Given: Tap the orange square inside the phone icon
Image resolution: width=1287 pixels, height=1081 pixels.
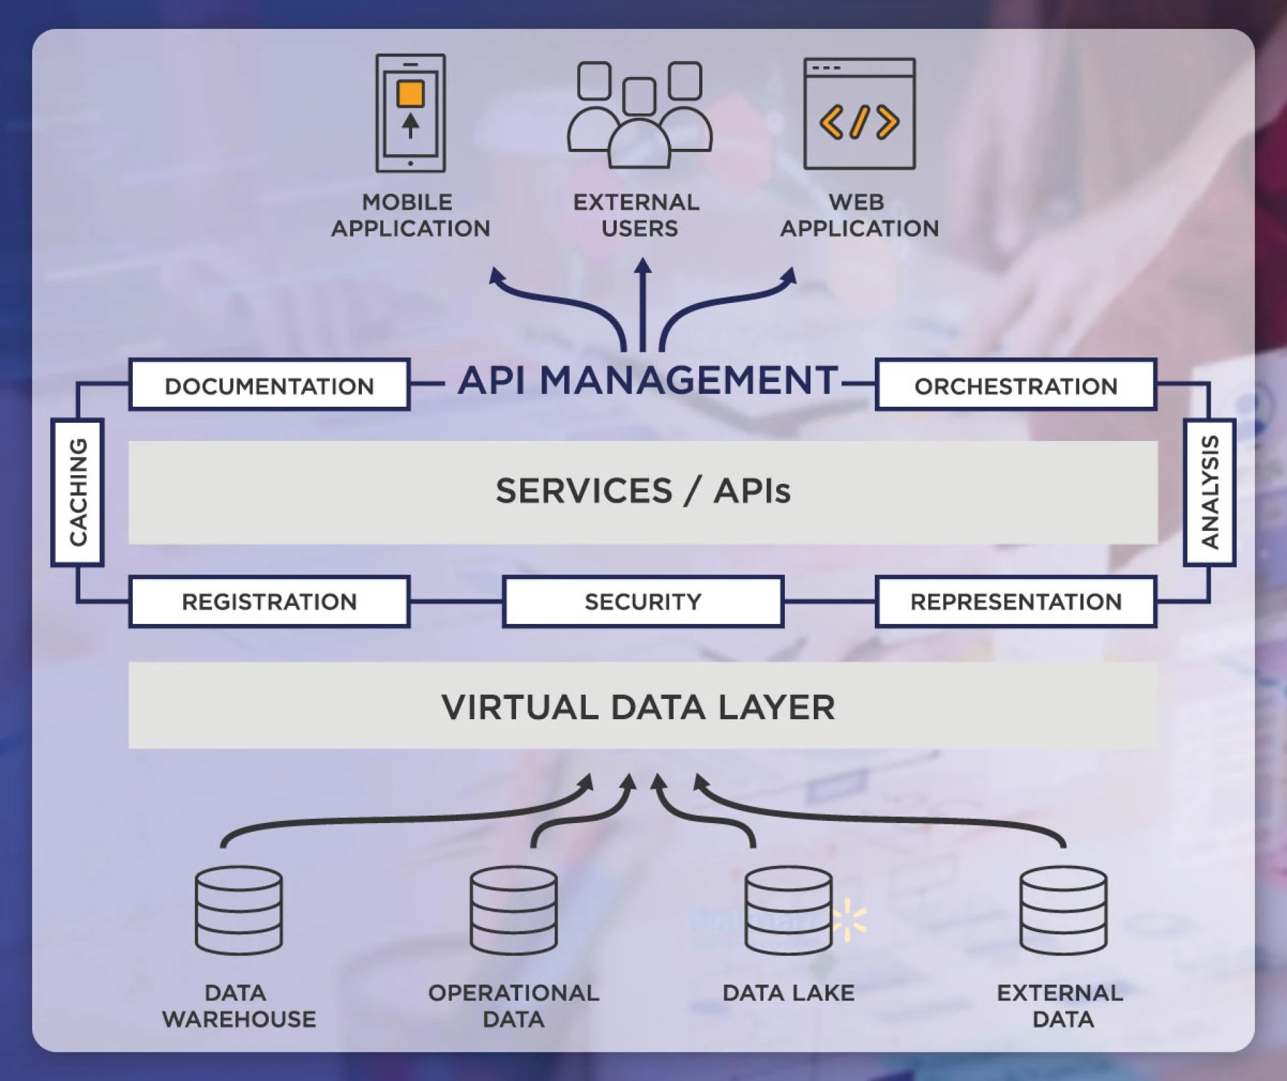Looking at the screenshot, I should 410,94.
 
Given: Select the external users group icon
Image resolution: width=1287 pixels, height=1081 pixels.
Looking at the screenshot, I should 639,115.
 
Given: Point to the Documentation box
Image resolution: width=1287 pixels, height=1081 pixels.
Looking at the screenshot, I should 269,385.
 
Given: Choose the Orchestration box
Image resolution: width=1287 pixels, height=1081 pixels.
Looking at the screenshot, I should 1016,385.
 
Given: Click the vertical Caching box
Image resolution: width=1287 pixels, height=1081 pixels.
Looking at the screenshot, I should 78,493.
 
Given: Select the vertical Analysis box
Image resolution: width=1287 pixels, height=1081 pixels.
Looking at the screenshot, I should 1209,493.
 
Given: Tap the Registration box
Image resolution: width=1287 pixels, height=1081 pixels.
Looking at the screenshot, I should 269,601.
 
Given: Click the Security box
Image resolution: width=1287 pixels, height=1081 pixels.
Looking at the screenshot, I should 642,601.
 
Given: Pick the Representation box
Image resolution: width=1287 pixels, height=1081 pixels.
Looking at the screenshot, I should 1016,601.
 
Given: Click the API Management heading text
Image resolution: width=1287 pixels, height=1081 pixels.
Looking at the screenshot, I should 648,381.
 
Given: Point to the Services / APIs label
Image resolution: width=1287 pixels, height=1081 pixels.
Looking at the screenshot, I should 642,491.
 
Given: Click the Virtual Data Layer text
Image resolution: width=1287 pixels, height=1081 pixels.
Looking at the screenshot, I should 638,708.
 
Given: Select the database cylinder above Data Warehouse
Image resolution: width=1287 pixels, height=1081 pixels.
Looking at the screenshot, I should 239,910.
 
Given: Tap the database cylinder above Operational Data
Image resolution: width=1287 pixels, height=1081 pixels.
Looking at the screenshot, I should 513,910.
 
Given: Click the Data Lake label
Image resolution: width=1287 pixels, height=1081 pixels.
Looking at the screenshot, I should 788,993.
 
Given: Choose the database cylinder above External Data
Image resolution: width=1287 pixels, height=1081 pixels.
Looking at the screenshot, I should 1063,910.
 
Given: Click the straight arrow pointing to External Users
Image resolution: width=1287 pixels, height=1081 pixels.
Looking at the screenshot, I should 643,305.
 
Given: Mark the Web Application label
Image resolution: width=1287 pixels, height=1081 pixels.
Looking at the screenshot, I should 859,215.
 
